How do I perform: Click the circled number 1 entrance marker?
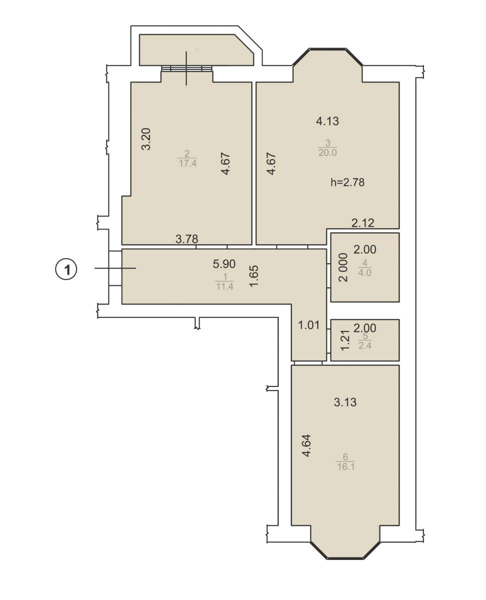[66, 269]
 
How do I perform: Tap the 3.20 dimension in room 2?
[146, 139]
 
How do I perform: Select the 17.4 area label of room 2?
[188, 163]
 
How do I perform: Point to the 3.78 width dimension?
[187, 239]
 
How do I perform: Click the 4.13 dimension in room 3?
[327, 121]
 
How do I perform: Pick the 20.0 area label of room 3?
[327, 152]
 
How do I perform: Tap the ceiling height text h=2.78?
[347, 182]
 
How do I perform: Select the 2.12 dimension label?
[363, 223]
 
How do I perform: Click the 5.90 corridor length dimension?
[224, 264]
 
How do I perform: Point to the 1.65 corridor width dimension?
[254, 276]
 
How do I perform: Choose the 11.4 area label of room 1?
[225, 287]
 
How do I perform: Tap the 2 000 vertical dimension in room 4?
[343, 267]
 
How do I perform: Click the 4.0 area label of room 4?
[365, 272]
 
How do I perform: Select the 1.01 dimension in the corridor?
[309, 325]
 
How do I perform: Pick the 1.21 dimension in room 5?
[345, 340]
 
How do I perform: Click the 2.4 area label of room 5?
[365, 345]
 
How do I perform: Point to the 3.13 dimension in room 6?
[345, 402]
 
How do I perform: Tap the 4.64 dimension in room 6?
[306, 445]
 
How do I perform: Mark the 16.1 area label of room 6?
[346, 467]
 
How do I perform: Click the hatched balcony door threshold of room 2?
[187, 68]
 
